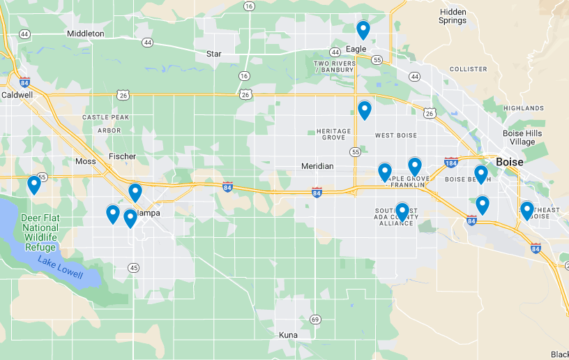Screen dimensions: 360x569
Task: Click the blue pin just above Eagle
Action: (363, 30)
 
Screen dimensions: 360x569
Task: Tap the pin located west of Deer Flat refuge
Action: (33, 185)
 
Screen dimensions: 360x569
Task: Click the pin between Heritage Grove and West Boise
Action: (364, 110)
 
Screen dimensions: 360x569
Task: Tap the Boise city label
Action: (509, 162)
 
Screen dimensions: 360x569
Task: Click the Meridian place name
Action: (318, 166)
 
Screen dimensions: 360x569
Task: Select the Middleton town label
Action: (86, 33)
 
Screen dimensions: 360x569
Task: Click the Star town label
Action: (213, 54)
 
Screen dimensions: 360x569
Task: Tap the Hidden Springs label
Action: (453, 16)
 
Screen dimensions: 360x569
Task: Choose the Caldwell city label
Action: (17, 94)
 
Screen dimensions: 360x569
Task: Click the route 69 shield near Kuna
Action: (315, 320)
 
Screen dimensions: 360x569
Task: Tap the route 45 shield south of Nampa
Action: (133, 267)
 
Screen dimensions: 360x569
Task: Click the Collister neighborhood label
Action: (468, 69)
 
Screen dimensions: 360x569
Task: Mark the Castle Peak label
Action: (106, 118)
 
